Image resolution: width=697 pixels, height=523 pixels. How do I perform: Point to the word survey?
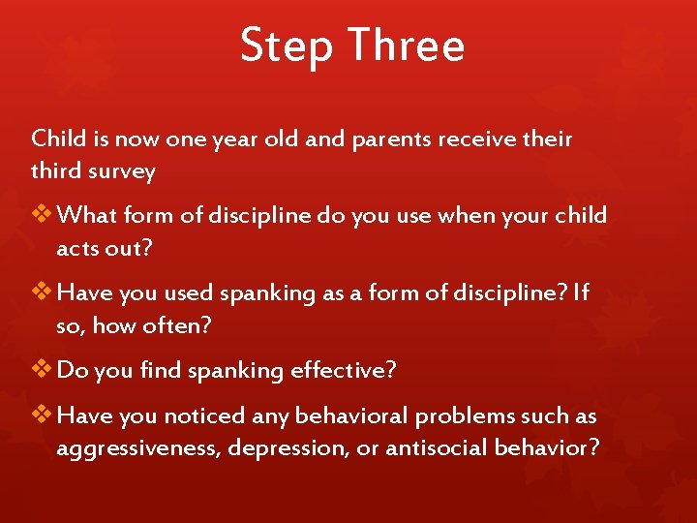(119, 171)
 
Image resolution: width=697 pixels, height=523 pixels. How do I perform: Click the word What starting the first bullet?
(87, 215)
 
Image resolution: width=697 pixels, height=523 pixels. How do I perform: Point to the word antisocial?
(434, 448)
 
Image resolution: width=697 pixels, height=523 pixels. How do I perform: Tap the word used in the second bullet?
(195, 292)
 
